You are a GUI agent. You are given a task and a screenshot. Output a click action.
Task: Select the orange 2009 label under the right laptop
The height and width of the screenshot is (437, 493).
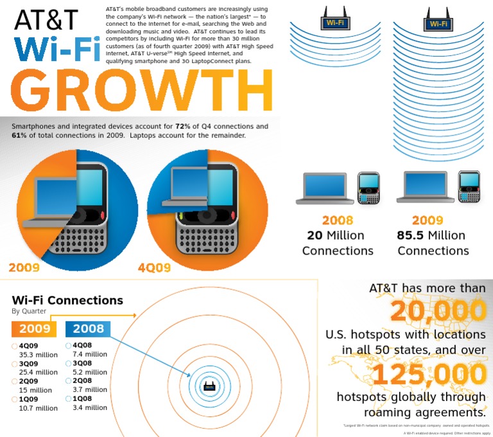coord(428,220)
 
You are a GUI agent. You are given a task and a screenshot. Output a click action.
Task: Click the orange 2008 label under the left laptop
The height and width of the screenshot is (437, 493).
coord(338,220)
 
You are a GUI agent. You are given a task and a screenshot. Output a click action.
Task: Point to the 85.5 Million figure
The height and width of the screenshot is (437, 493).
coord(433,235)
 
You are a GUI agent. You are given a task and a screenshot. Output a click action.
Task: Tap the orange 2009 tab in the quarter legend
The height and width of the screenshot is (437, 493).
coord(33,329)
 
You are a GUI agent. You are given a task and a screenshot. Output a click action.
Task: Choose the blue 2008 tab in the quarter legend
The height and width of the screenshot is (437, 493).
coord(88,329)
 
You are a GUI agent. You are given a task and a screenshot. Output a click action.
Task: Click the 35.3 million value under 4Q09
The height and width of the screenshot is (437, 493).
coord(38,353)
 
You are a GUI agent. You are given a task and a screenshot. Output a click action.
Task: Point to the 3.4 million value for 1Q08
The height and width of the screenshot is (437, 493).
coord(91,407)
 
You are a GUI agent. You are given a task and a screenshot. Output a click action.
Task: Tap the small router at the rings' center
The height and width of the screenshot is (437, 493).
coord(209,386)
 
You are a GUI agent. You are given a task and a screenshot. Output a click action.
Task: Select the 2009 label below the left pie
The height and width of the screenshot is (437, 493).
coord(24,267)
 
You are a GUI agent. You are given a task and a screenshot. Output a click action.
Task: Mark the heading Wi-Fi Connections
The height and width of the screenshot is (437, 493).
coord(67,300)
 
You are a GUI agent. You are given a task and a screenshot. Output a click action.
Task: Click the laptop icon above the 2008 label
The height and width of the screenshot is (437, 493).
coord(324,188)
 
